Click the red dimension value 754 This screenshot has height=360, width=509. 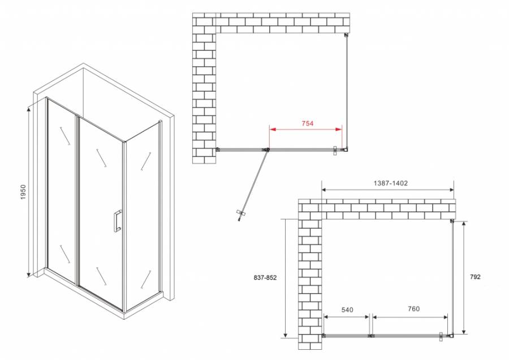pos(307,123)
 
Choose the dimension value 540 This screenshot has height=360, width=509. pos(347,309)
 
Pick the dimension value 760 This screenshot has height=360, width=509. pos(413,309)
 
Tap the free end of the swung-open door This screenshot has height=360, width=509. pos(240,214)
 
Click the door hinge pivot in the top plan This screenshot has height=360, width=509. pos(266,150)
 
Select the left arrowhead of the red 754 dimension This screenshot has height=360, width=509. pos(271,130)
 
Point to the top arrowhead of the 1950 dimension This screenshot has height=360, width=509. pos(28,106)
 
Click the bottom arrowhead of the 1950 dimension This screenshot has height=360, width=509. pos(28,276)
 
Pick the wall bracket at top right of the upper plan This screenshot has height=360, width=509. pos(346,35)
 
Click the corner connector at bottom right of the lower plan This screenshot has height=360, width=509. pos(451,336)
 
